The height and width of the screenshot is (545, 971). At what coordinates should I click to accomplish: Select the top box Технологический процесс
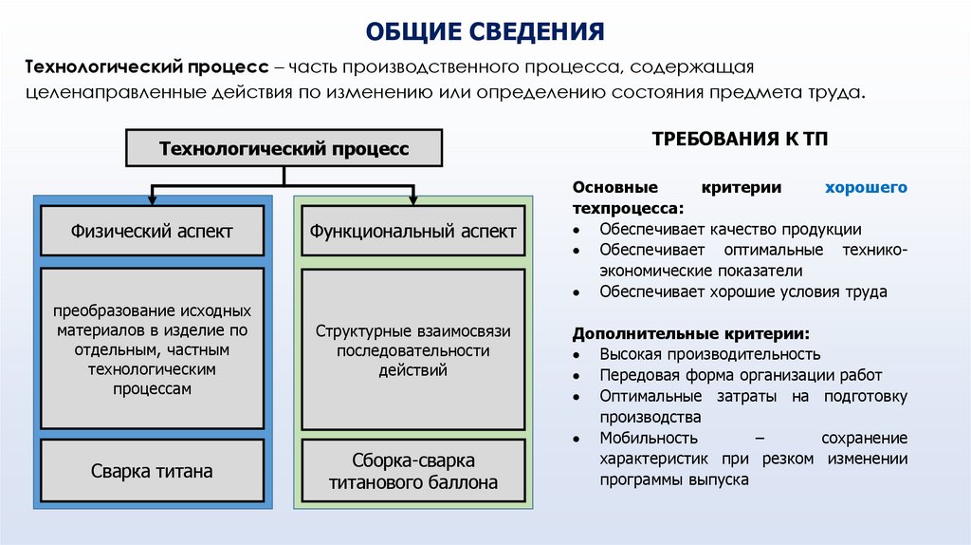pos(284,149)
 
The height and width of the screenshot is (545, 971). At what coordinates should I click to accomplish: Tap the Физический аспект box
pos(152,231)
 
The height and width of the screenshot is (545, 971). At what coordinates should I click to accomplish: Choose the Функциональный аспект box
pos(412,231)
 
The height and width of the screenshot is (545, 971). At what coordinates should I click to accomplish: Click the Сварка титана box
pos(152,470)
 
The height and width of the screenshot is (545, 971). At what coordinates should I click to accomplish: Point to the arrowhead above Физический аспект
pos(152,197)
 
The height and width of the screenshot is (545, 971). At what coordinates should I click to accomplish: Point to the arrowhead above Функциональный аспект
pos(412,197)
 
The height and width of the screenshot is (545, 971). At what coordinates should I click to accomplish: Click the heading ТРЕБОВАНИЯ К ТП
pos(740,139)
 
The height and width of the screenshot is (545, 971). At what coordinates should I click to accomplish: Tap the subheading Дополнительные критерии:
pos(691,334)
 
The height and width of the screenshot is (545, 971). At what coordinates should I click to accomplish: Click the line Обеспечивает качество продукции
pos(730,229)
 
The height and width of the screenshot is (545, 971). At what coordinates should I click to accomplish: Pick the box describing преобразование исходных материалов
pos(152,349)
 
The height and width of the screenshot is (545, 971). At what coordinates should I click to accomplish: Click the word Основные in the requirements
pos(612,187)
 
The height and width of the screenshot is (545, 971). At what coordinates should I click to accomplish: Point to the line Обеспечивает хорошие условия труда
pos(742,291)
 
